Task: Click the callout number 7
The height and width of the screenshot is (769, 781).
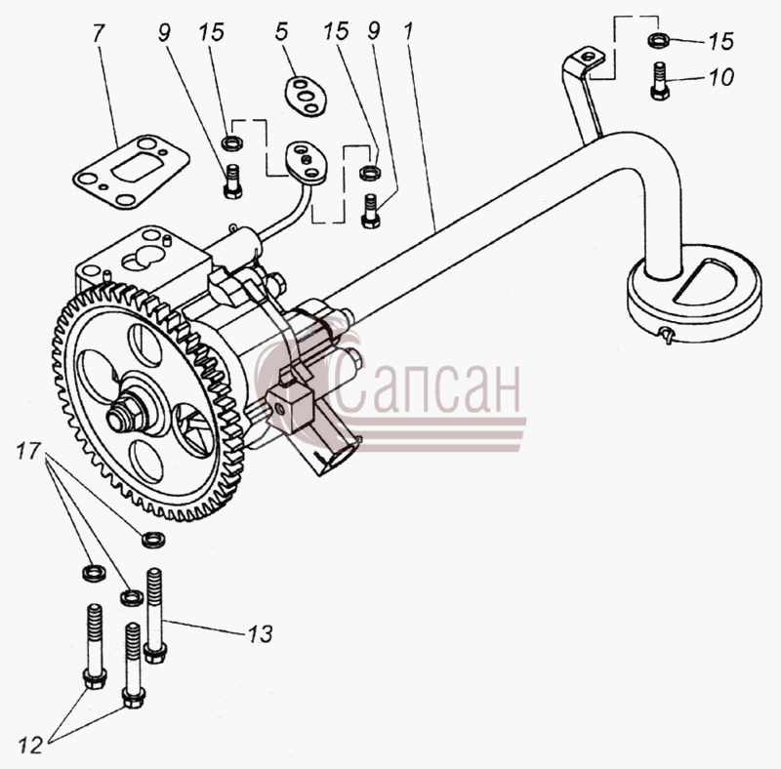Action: (99, 33)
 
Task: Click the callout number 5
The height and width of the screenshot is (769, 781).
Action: (281, 31)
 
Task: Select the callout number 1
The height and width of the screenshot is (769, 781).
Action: (408, 31)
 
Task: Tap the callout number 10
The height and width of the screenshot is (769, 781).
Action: (721, 77)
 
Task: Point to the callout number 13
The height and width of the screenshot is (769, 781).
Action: (261, 634)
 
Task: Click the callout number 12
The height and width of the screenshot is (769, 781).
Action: (30, 746)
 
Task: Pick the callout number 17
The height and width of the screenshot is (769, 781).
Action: (28, 451)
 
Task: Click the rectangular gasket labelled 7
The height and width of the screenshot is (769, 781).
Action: (131, 173)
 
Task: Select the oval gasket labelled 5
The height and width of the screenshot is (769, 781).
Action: (306, 96)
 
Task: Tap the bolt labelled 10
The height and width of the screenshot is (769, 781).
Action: (660, 81)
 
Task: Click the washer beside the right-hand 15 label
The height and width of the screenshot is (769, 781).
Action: (659, 39)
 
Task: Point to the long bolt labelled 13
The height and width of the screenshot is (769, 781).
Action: (155, 616)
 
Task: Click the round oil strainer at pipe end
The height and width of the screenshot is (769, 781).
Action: (695, 293)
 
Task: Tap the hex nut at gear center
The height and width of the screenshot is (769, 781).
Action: (125, 413)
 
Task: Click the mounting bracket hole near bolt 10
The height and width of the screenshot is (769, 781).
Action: (590, 56)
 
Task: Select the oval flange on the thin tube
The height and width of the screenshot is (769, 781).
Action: (306, 163)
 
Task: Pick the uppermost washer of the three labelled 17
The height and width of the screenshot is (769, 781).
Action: (154, 540)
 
